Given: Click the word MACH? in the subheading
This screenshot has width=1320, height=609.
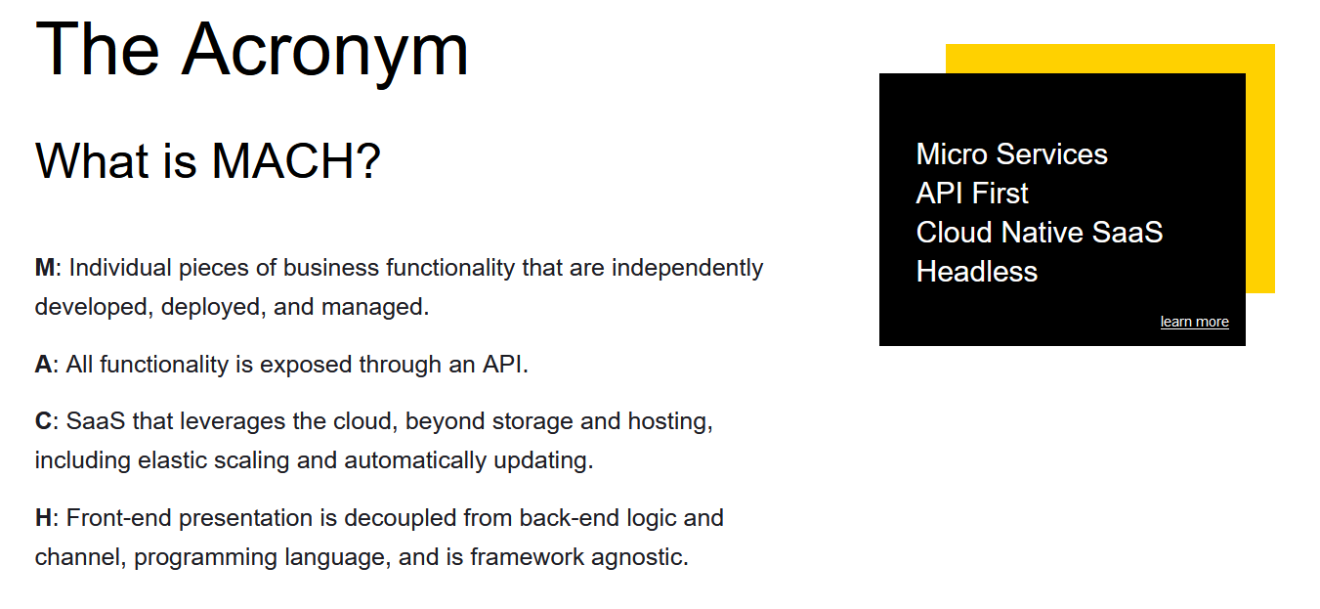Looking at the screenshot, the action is click(x=296, y=161).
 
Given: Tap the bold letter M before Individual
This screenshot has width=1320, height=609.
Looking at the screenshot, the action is click(x=45, y=268).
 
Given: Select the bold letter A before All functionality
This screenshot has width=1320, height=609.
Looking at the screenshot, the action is click(x=44, y=365).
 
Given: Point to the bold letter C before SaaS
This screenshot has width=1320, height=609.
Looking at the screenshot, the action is click(x=44, y=421).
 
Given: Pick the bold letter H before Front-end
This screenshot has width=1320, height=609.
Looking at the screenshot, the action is click(x=44, y=518).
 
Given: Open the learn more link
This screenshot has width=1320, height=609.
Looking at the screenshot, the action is click(x=1195, y=322).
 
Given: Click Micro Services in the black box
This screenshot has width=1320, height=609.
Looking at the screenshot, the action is click(x=1012, y=154).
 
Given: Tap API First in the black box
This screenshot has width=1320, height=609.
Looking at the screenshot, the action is click(x=972, y=194).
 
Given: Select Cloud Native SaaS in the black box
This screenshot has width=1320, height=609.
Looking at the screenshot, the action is click(x=1040, y=233).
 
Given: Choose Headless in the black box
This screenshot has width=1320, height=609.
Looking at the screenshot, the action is click(x=977, y=272).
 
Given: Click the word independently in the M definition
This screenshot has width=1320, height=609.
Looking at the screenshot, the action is click(x=687, y=269).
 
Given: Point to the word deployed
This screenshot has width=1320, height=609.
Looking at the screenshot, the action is click(x=213, y=308).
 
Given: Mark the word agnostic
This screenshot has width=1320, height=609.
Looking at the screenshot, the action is click(x=639, y=558).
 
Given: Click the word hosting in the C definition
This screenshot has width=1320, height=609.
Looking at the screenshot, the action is click(x=670, y=422).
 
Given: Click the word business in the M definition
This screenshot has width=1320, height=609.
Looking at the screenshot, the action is click(x=331, y=268).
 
